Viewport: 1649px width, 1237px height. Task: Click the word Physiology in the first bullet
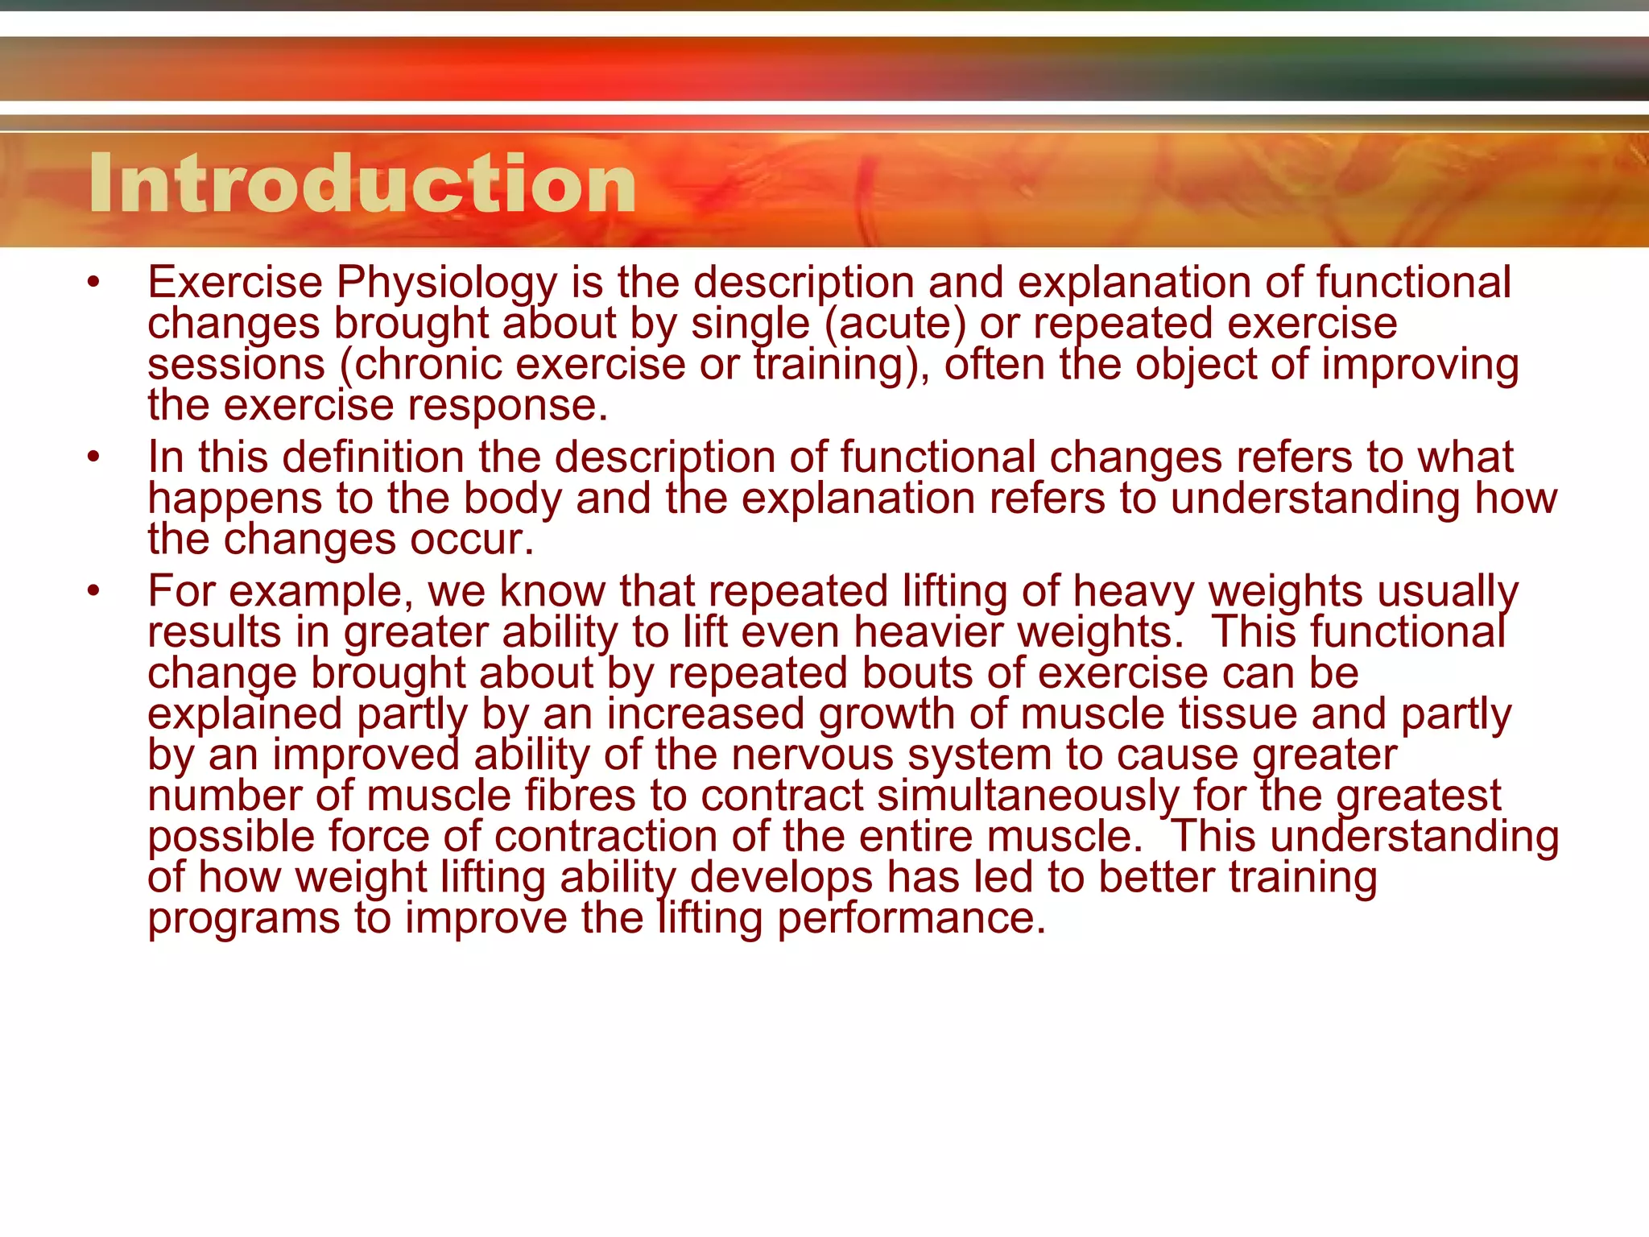447,283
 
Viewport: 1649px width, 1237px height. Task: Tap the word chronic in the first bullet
428,365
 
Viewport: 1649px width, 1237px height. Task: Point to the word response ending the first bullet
507,405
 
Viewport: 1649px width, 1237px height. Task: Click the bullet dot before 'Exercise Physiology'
94,283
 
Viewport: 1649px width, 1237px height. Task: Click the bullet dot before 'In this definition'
94,457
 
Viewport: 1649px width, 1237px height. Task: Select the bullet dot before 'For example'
94,591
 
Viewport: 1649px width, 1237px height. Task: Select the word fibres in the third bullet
581,796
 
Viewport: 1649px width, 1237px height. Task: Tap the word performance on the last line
911,919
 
